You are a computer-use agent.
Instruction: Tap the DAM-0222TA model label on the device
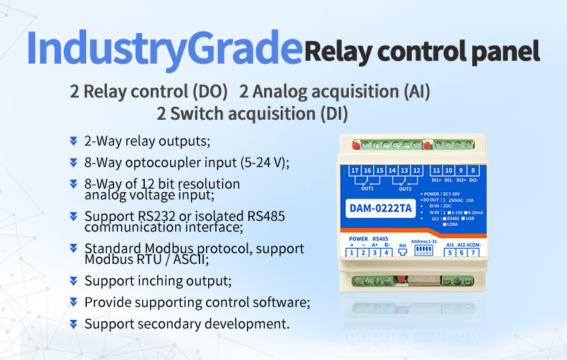tap(381, 209)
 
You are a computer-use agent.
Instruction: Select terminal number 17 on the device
tap(355, 170)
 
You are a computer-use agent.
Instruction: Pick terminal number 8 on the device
tap(474, 170)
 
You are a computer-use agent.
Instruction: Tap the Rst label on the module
tap(403, 245)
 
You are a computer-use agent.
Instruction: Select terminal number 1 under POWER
tap(352, 252)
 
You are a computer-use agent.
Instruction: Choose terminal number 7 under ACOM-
tap(473, 252)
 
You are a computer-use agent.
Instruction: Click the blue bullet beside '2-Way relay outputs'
tap(73, 141)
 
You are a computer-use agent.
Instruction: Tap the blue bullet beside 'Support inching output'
tap(73, 280)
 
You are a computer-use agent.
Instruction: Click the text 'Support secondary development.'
tap(187, 324)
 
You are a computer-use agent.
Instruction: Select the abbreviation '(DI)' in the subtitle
tap(334, 113)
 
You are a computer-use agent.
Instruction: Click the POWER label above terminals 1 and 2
tap(358, 238)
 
